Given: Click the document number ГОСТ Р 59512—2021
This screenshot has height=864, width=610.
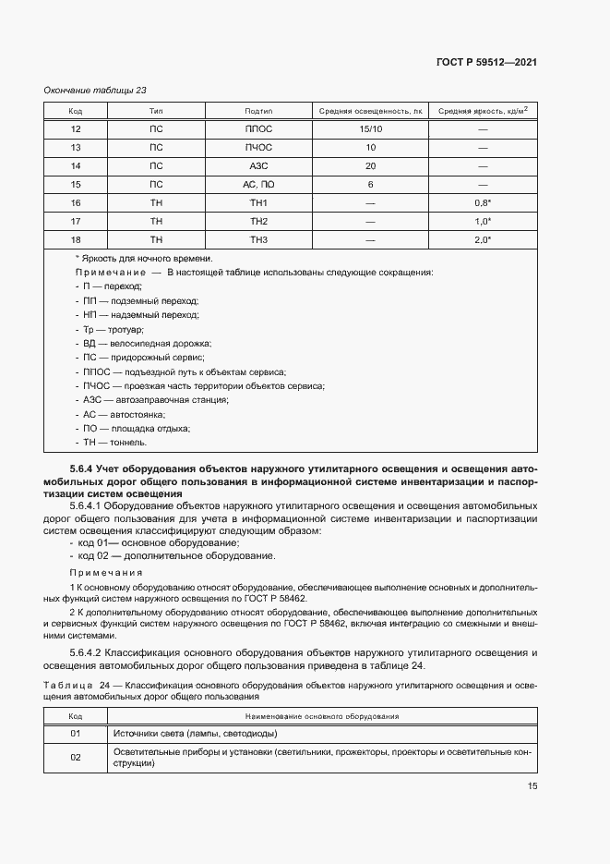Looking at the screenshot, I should [486, 63].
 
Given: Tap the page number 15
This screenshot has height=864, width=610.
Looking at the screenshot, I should [532, 786].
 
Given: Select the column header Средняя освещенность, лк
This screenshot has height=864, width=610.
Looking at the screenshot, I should [370, 111].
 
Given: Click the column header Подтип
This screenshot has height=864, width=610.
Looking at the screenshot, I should [258, 111].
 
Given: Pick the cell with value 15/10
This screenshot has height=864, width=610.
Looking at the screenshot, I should [370, 129].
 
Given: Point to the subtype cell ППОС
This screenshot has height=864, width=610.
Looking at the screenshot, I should [258, 129].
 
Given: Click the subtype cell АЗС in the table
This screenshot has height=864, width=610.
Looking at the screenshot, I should [258, 166].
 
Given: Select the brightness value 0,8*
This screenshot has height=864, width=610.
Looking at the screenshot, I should [483, 203].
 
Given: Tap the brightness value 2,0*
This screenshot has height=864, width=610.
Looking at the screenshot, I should [483, 240].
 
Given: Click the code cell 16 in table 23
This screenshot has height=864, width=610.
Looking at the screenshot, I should [76, 203].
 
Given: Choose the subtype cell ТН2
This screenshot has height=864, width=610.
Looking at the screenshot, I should [258, 222].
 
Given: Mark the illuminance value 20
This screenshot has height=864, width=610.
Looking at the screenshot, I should [370, 166].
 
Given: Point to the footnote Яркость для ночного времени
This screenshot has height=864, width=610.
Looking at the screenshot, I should [144, 259].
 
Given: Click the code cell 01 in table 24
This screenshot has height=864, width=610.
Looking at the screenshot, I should [76, 734].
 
